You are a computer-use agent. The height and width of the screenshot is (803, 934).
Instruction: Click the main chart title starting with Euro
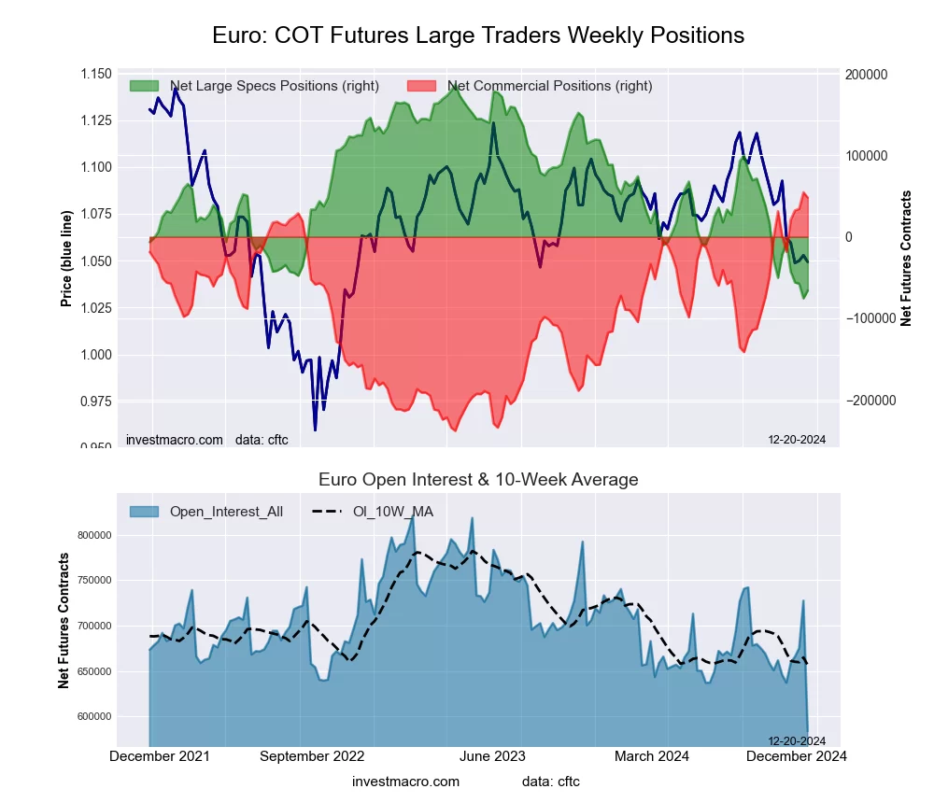point(477,35)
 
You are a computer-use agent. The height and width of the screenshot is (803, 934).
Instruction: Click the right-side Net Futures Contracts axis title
point(905,258)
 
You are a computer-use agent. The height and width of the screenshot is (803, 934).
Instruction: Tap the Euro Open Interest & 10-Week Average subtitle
point(478,480)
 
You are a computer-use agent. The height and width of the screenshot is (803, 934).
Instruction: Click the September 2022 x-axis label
point(311,756)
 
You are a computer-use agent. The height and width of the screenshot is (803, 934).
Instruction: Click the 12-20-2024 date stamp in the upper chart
point(789,440)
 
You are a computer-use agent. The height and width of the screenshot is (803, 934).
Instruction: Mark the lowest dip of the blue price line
point(315,430)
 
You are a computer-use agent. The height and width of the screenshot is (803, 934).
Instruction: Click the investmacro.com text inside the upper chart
point(175,440)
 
